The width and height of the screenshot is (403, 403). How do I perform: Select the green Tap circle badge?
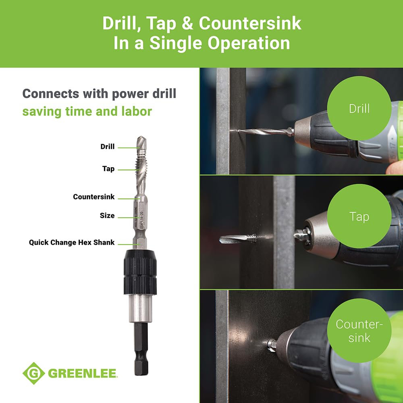click(x=359, y=217)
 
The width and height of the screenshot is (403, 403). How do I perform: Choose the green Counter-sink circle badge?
click(x=359, y=330)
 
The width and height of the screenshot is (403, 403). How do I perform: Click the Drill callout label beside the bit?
click(x=107, y=147)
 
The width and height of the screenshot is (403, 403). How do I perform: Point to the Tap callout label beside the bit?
click(x=108, y=169)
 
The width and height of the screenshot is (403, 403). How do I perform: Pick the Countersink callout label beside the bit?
click(x=93, y=197)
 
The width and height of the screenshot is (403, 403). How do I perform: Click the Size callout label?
click(x=107, y=216)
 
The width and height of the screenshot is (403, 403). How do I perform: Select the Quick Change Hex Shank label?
click(x=72, y=243)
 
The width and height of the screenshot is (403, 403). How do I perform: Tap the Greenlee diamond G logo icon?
click(x=33, y=373)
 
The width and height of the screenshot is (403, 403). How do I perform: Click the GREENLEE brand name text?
click(x=83, y=373)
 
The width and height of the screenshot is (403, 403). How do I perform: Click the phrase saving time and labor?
click(x=87, y=111)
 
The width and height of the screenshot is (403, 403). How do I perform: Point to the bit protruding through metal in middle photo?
click(x=238, y=239)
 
